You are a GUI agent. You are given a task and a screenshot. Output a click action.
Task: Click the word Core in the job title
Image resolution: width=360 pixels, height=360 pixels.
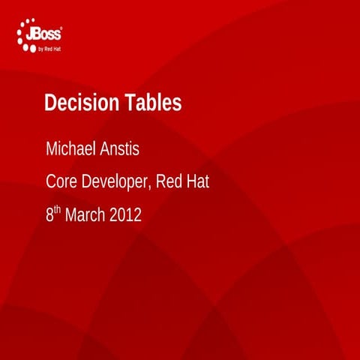(60, 181)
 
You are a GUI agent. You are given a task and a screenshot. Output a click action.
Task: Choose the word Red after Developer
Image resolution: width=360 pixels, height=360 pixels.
(169, 181)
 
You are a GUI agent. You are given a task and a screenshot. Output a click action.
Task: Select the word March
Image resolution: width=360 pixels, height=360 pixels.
(85, 216)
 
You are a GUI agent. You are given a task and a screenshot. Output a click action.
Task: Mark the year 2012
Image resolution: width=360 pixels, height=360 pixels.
(125, 216)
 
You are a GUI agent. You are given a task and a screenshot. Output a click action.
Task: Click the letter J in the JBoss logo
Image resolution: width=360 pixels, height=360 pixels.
(33, 34)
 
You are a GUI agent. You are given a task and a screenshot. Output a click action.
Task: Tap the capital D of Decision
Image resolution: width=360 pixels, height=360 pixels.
(50, 104)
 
